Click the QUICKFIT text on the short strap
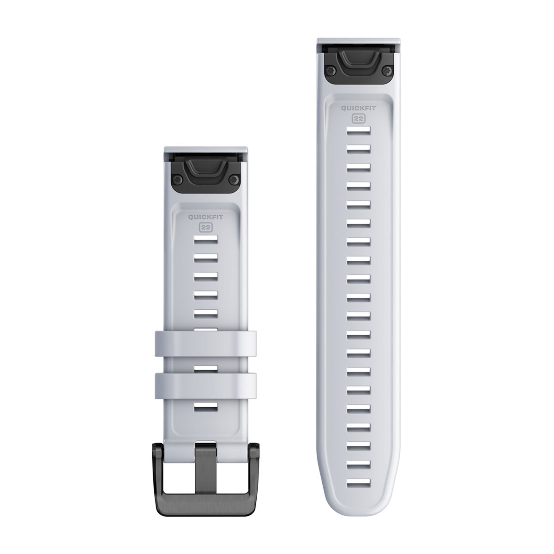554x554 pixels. pyautogui.click(x=206, y=217)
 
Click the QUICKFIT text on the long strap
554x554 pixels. pyautogui.click(x=358, y=108)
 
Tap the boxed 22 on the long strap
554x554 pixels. pyautogui.click(x=358, y=118)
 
